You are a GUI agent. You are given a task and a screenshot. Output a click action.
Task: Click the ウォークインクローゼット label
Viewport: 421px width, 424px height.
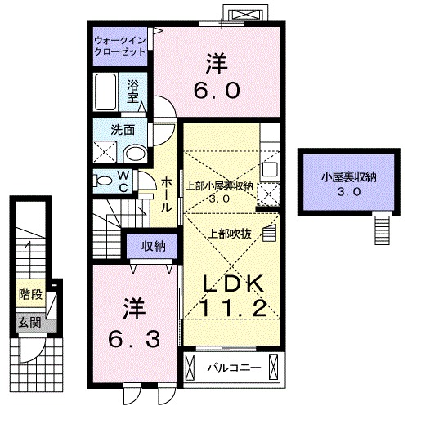pyautogui.click(x=119, y=44)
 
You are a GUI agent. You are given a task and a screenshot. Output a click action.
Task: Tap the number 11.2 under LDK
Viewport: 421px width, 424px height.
pyautogui.click(x=232, y=310)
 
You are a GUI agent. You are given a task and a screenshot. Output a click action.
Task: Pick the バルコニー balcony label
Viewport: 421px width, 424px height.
pyautogui.click(x=234, y=368)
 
